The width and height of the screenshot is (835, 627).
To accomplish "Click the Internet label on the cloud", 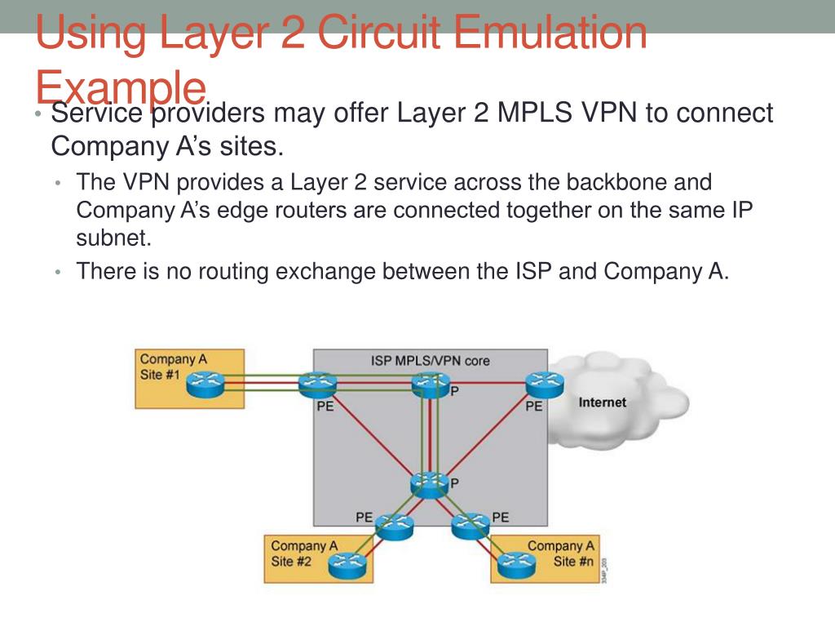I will tap(603, 402).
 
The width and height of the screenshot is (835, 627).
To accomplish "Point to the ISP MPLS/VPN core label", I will tap(431, 360).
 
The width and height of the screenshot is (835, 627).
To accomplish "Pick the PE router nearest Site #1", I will tap(316, 385).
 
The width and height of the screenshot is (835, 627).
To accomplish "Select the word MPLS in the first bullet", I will tap(534, 113).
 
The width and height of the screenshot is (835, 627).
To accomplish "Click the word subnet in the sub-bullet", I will tap(113, 238).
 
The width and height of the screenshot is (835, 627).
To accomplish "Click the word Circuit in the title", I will tap(362, 34).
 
